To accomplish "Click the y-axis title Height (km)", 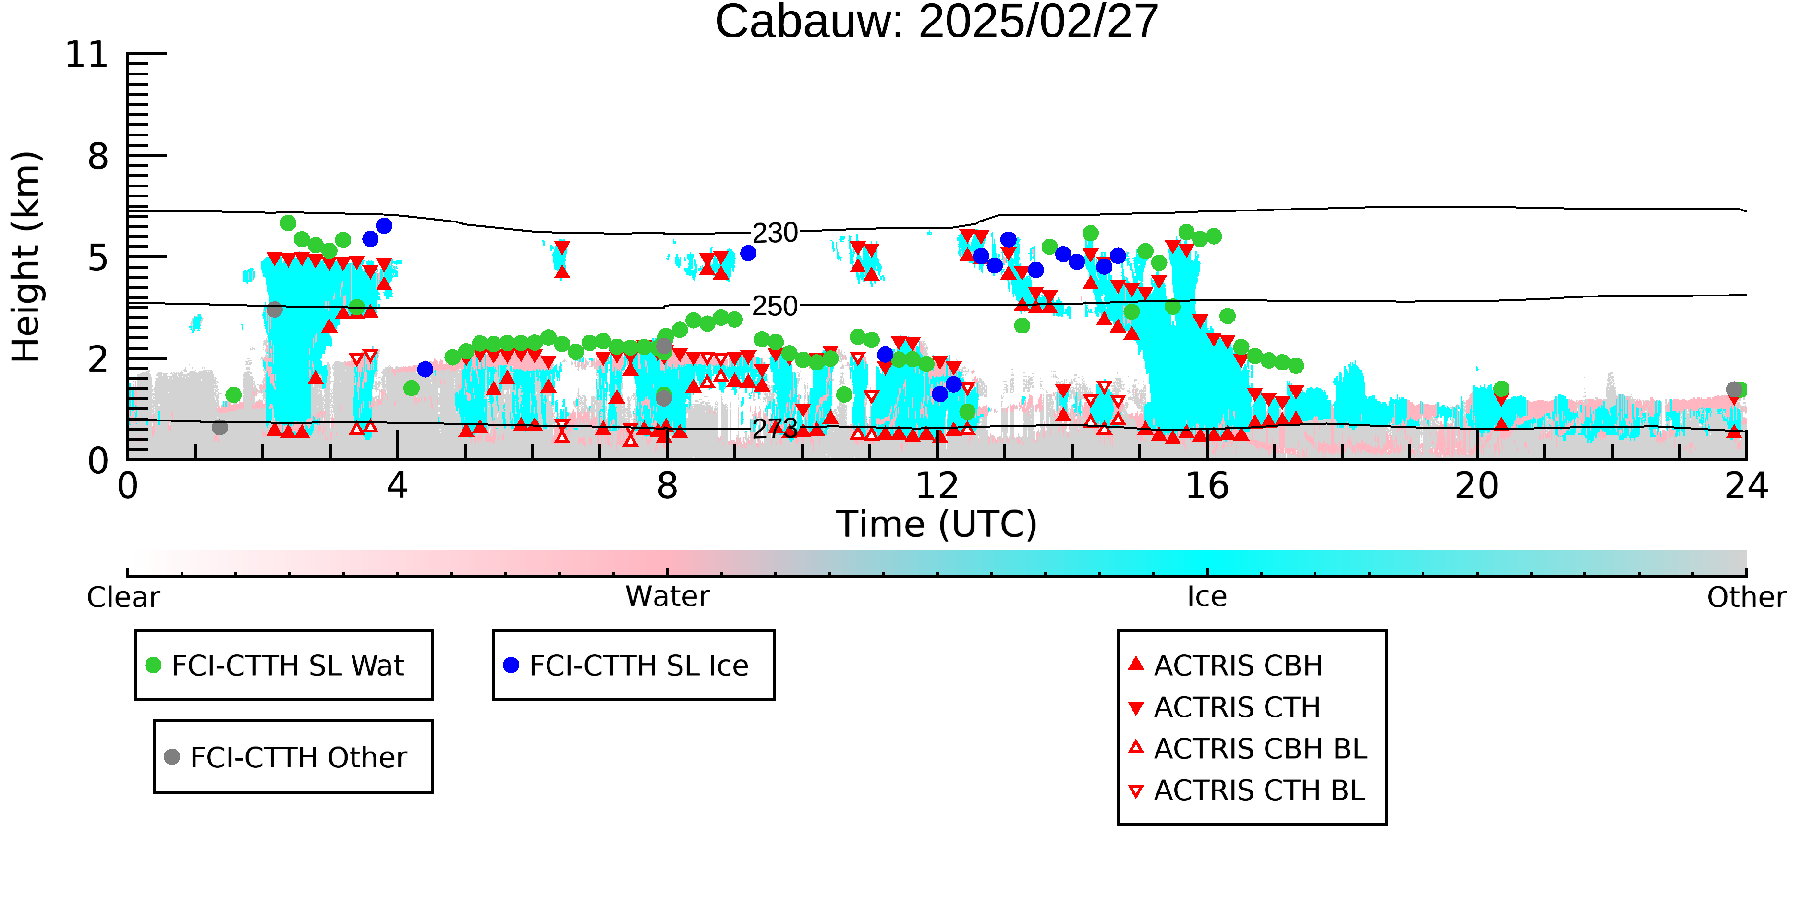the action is click(26, 257).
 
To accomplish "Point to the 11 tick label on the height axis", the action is click(87, 55).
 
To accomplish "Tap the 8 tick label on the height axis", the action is click(98, 156).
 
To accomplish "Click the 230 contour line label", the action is click(775, 233).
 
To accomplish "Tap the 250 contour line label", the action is click(775, 307).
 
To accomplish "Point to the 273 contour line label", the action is click(775, 428).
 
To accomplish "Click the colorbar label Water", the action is click(668, 597).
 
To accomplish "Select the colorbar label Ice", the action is click(1207, 597).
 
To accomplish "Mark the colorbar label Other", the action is click(1746, 597).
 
